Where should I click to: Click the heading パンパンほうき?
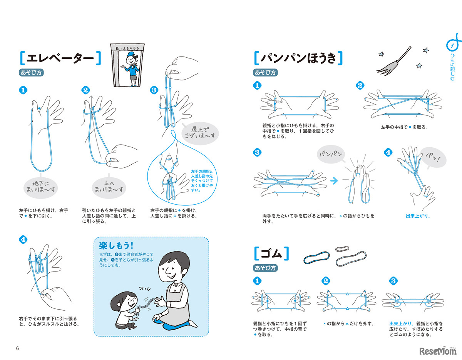[299, 58]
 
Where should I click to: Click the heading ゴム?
[272, 254]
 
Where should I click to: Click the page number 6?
[17, 348]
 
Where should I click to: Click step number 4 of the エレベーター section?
[23, 239]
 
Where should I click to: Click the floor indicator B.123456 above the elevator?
[128, 48]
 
